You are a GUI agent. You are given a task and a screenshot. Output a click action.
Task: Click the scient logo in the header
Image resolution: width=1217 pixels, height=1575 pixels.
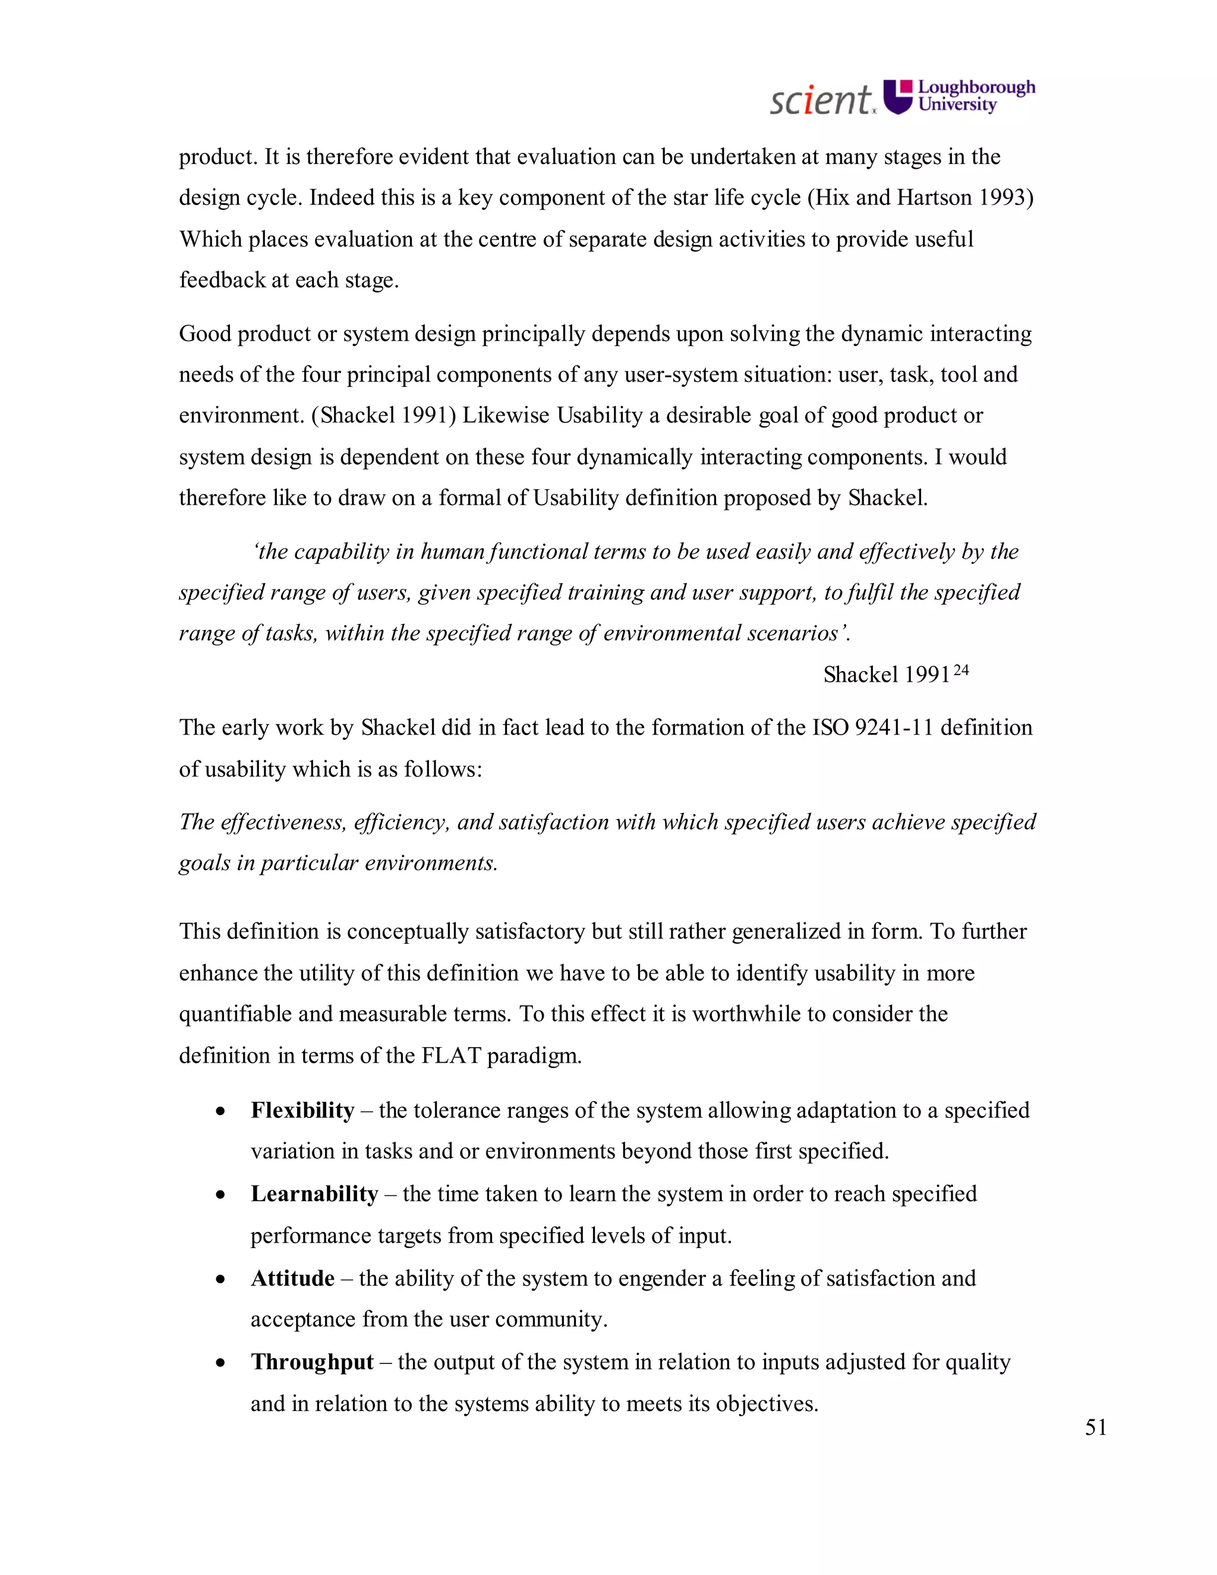point(822,99)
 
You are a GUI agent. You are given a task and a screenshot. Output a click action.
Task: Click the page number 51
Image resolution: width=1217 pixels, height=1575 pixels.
point(1095,1427)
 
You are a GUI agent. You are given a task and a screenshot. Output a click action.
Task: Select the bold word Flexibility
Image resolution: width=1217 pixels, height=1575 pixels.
point(302,1110)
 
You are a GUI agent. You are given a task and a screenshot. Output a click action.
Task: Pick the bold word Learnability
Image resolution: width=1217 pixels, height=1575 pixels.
point(314,1193)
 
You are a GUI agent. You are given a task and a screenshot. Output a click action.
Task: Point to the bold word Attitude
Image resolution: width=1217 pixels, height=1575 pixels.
point(292,1278)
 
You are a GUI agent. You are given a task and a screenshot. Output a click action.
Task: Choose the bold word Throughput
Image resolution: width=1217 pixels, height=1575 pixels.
point(311,1362)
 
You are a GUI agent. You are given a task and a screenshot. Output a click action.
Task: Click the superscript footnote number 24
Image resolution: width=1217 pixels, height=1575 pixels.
point(960,670)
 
